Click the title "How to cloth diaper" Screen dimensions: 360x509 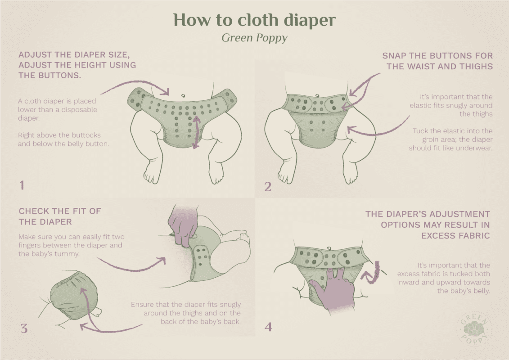click(254, 20)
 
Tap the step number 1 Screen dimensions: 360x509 click(22, 185)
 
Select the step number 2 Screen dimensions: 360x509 click(268, 186)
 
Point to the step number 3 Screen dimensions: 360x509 click(23, 328)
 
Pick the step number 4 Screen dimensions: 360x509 click(268, 327)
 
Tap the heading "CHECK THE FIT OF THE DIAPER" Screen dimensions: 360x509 click(60, 216)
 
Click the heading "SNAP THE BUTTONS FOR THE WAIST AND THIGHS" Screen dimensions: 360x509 click(437, 61)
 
